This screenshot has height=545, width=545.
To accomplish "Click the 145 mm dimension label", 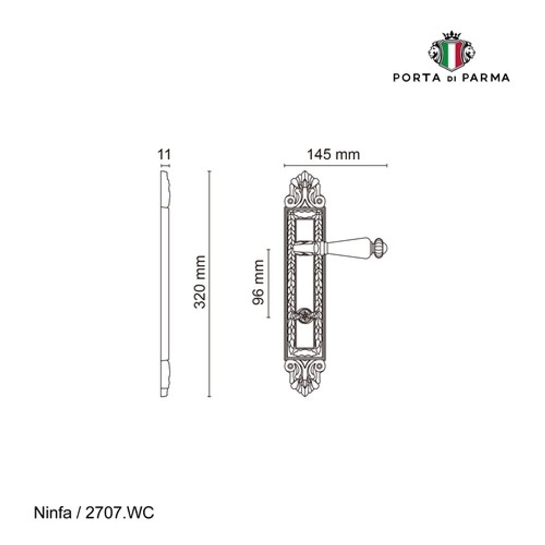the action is [334, 154].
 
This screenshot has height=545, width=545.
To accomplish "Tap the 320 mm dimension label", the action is [200, 282].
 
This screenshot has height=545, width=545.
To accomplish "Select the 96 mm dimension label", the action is [258, 282].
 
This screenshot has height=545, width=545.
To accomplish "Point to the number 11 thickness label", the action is [165, 154].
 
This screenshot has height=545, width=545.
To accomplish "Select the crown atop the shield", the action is [451, 35].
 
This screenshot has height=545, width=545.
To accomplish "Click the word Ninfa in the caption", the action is [52, 513].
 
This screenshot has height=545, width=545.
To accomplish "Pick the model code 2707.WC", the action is [119, 513].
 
